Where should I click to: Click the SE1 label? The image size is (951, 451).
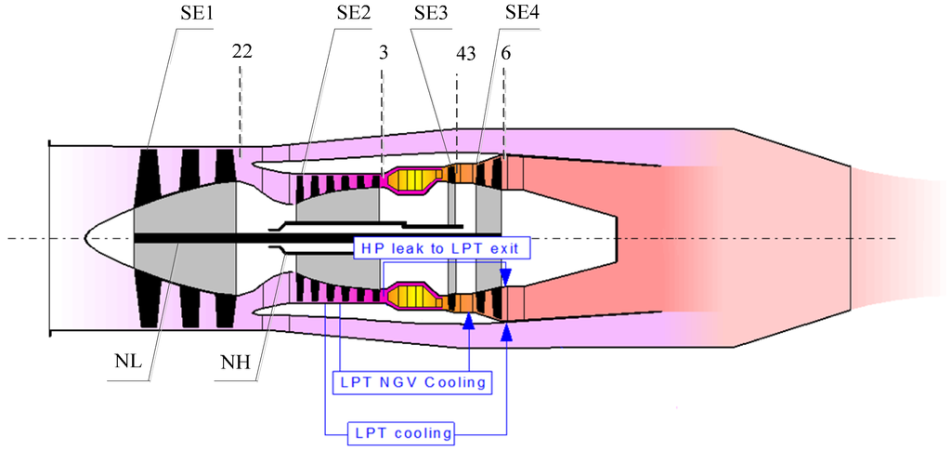[x=194, y=15]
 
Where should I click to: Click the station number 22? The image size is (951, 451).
[x=242, y=54]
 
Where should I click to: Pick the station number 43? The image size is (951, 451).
[x=466, y=54]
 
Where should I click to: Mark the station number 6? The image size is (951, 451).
[x=505, y=54]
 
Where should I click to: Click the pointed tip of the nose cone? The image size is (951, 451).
[x=86, y=238]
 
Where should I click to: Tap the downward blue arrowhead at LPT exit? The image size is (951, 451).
[x=506, y=278]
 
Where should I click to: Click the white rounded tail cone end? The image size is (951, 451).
[x=616, y=238]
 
